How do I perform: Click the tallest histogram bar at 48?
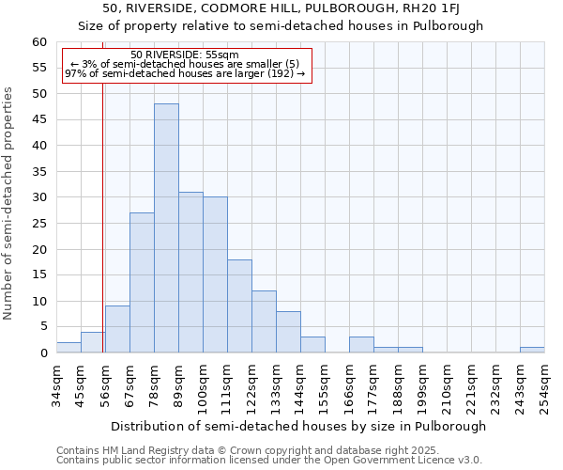point(166,228)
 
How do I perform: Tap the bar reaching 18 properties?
point(239,305)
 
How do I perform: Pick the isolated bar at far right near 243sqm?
point(532,350)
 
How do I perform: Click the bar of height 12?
point(264,321)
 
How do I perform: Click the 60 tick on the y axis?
point(39,42)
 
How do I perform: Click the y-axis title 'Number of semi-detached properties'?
point(9,203)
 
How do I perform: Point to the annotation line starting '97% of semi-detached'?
point(185,73)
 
